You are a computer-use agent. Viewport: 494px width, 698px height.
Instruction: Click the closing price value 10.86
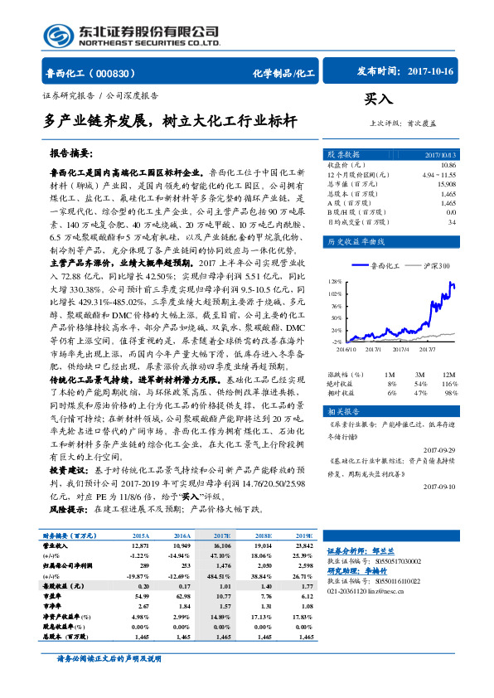[x=447, y=165]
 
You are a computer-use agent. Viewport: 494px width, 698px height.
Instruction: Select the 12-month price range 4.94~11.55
[x=439, y=174]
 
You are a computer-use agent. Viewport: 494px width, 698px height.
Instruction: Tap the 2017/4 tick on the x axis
[x=401, y=348]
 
